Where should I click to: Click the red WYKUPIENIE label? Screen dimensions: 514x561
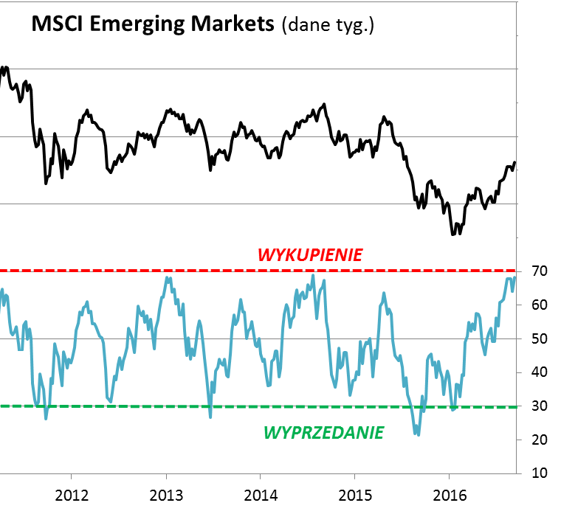[310, 255]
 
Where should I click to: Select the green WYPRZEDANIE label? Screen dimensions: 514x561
[323, 432]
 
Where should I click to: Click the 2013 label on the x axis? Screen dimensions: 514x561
[166, 493]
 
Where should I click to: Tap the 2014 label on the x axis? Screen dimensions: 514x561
[261, 493]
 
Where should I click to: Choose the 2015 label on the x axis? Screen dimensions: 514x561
[355, 493]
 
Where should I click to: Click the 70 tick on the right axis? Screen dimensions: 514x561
[539, 271]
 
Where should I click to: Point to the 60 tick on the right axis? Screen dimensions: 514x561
[539, 305]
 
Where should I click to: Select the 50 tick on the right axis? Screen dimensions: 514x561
[539, 338]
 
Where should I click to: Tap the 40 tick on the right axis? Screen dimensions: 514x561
[539, 372]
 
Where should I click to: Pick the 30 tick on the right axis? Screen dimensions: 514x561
[539, 406]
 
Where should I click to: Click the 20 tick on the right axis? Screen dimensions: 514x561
[539, 440]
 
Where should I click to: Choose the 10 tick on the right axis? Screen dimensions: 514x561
[539, 473]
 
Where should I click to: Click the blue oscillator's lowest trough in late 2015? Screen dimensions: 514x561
[418, 434]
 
